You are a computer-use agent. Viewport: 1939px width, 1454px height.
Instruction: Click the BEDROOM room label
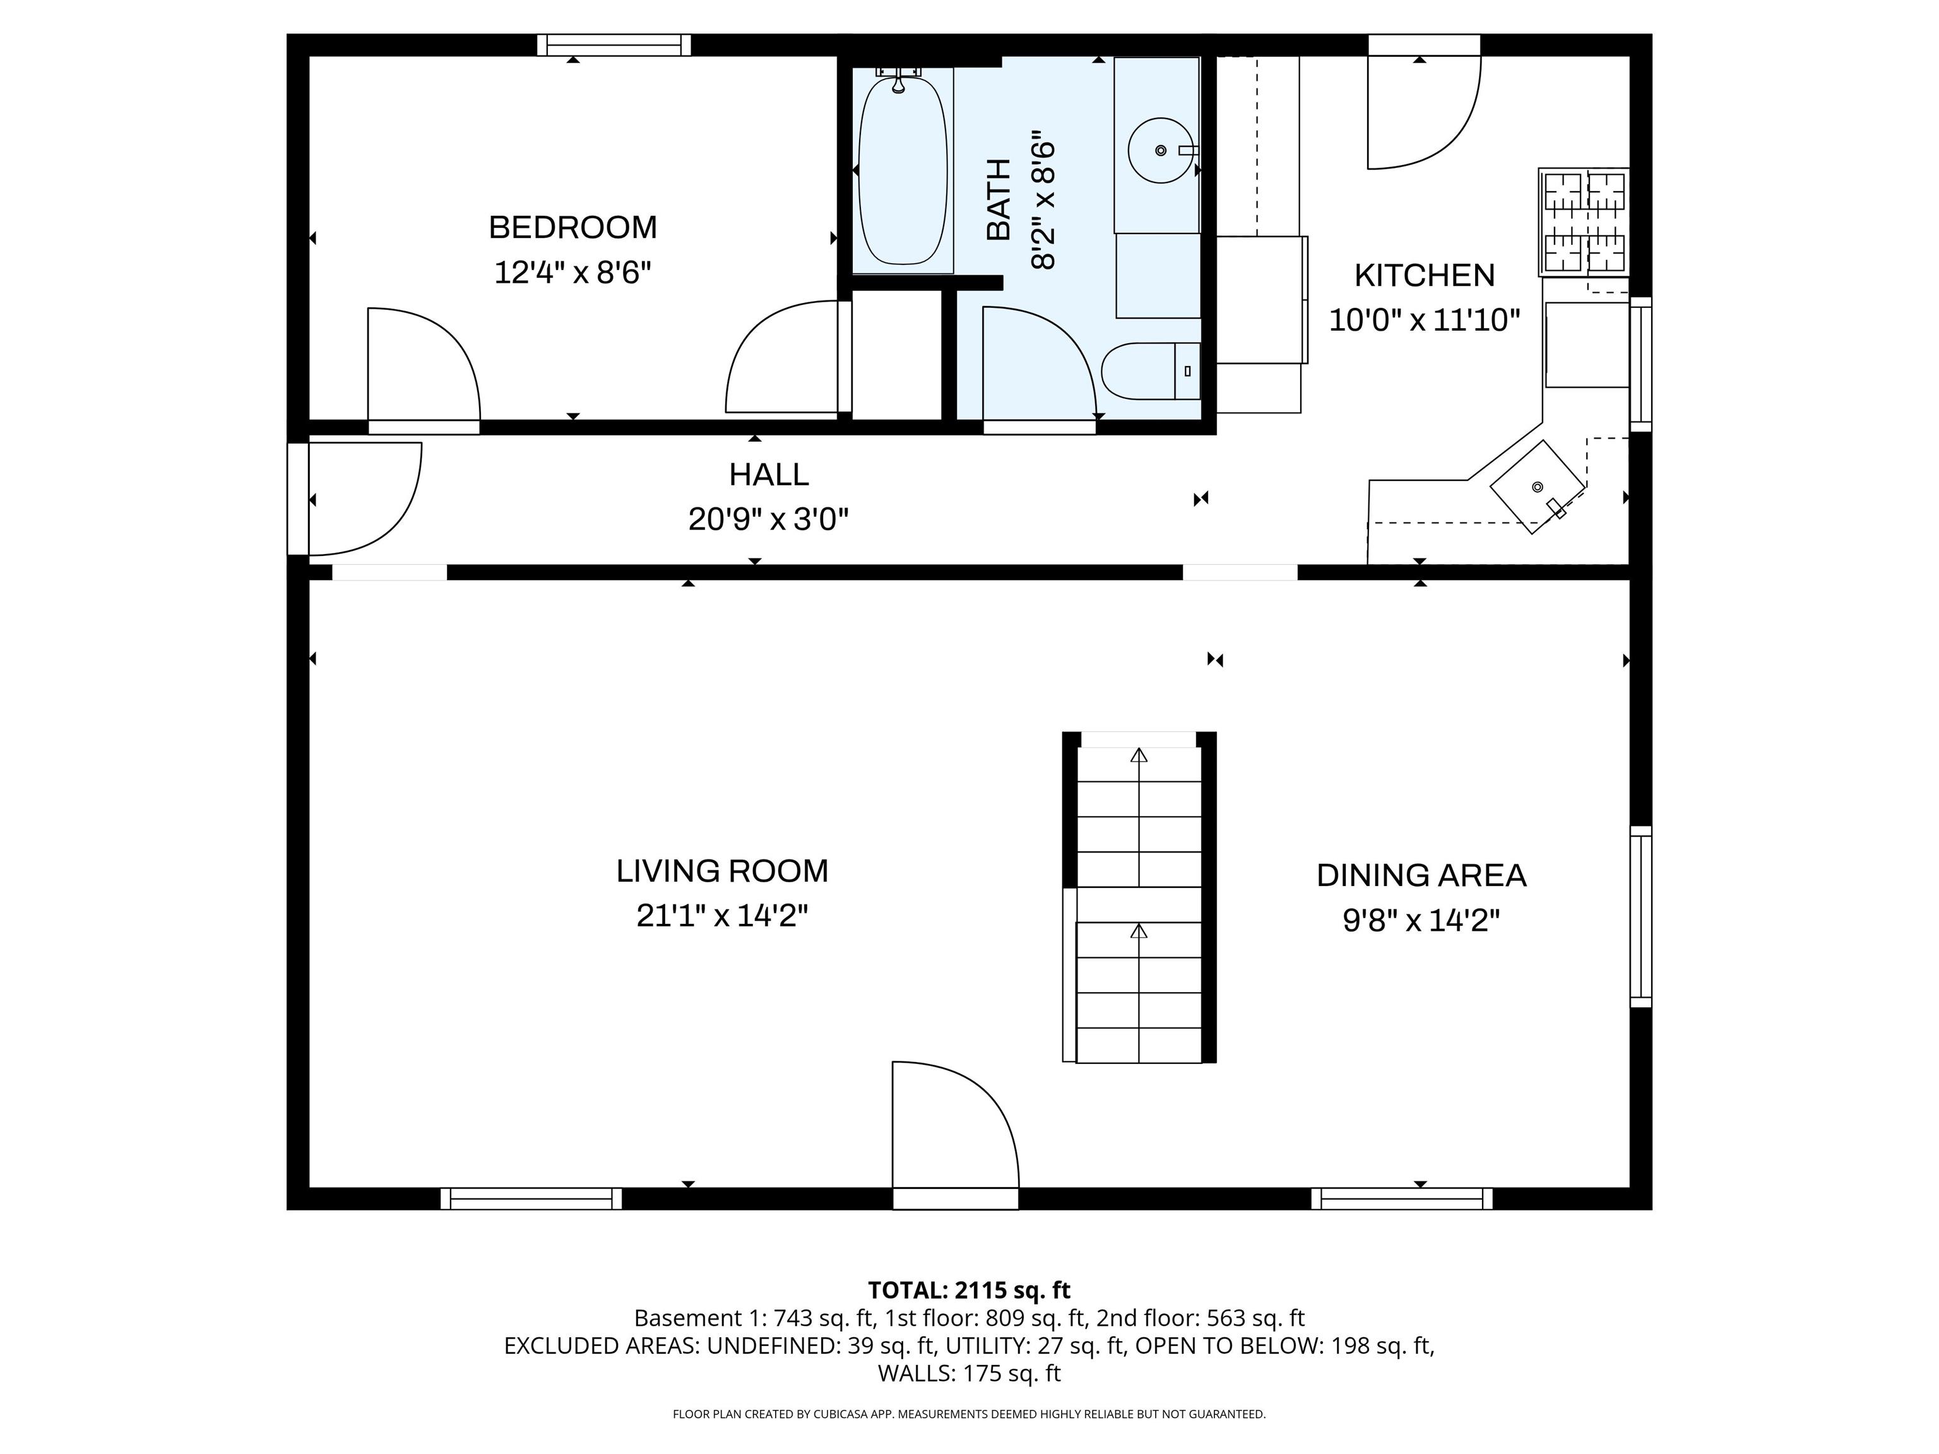(x=572, y=228)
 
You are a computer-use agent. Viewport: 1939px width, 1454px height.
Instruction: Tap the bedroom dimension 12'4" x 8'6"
(x=572, y=273)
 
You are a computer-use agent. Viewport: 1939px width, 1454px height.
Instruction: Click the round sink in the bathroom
(x=1159, y=151)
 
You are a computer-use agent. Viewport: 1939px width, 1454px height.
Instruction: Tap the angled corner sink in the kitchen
(x=1538, y=487)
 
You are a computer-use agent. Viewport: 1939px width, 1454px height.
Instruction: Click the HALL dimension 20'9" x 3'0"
(x=768, y=521)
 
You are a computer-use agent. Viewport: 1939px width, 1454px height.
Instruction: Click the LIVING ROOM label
(x=721, y=871)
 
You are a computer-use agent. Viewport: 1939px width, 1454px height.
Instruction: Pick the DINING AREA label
(x=1421, y=875)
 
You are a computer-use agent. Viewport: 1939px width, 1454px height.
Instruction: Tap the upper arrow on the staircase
(x=1139, y=755)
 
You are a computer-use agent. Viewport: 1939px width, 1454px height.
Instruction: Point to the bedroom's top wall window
(x=614, y=45)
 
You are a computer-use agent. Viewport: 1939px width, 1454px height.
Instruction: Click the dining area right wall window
(x=1640, y=916)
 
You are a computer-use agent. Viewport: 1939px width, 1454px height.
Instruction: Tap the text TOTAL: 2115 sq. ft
(x=969, y=1290)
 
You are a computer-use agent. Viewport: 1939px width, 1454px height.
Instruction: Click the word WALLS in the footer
(x=915, y=1373)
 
